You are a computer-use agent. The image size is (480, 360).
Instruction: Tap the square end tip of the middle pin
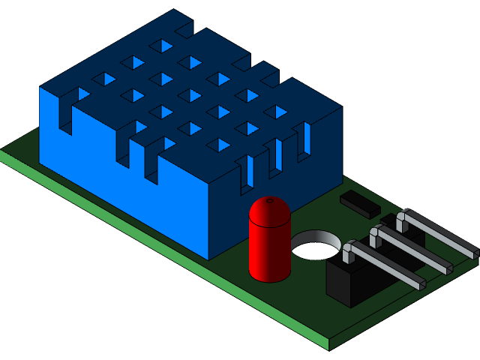coord(448,265)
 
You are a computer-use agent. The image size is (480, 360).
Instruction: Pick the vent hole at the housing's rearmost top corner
coord(159,45)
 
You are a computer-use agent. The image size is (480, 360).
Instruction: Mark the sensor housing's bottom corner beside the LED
coord(210,259)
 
